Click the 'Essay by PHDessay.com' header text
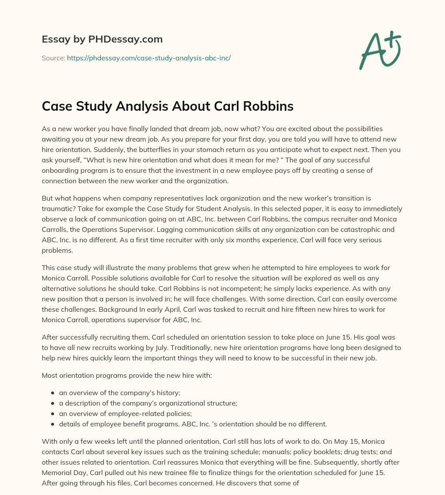coord(102,40)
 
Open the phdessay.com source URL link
coord(149,58)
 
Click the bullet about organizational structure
coord(148,403)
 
